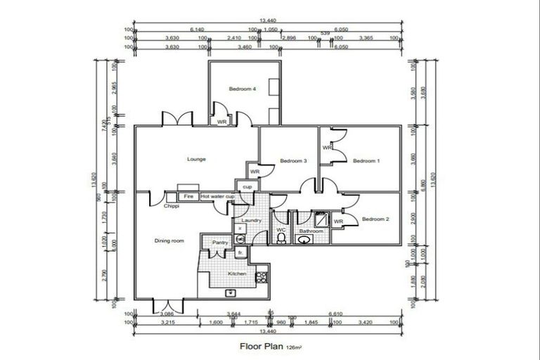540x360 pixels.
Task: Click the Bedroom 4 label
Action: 243,89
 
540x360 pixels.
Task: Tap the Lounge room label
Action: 196,160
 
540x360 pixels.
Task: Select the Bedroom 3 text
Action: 293,161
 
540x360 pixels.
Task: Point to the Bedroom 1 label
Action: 366,161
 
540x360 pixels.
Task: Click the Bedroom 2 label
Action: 375,219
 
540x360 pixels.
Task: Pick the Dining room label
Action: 169,241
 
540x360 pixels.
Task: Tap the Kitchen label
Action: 237,274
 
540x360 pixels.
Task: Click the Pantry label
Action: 212,242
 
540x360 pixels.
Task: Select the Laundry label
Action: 251,220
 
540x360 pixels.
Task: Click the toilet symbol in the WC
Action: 281,239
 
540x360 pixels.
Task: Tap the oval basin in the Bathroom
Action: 305,240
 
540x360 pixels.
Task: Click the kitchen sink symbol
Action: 229,292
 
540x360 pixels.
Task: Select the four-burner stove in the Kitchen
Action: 262,277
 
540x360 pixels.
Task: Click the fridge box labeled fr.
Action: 240,252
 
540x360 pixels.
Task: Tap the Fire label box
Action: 188,197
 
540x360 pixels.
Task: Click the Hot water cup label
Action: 217,197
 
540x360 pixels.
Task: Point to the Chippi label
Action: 172,207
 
